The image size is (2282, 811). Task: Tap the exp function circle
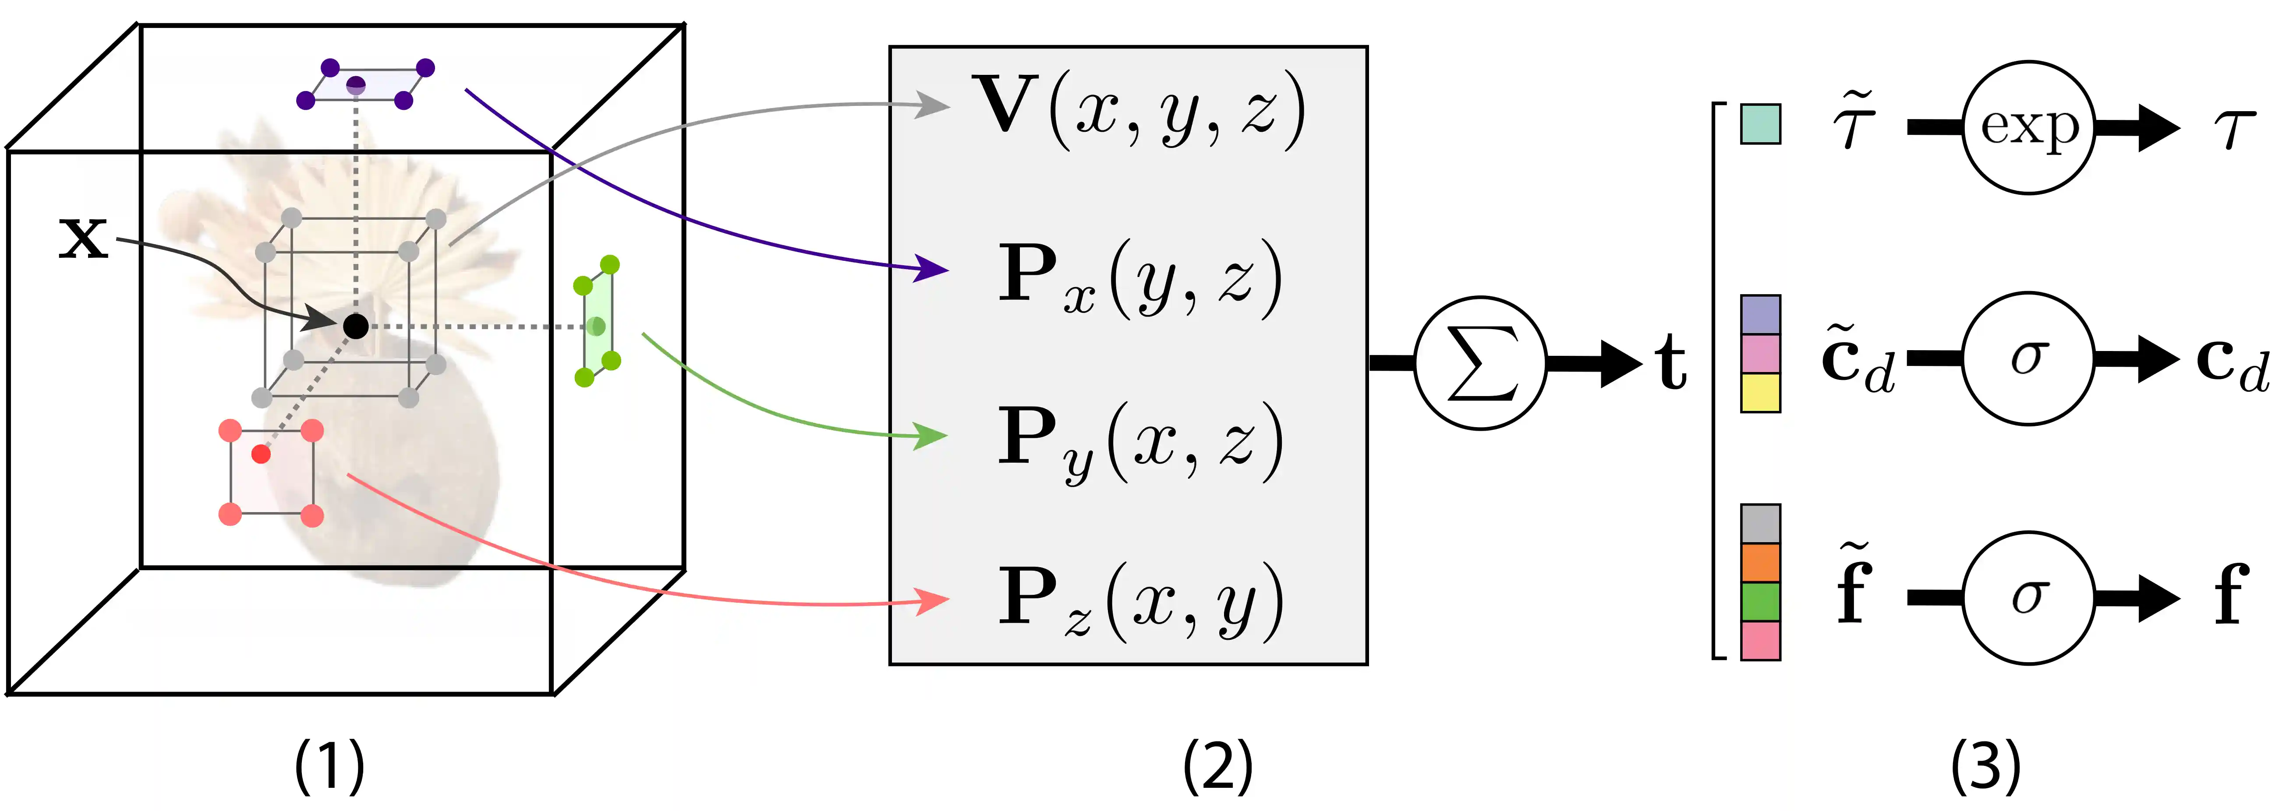[x=2029, y=126]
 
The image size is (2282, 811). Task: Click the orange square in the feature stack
[x=1760, y=563]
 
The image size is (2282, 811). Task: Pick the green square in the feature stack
[x=1760, y=602]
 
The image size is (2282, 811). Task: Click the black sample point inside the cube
[x=355, y=326]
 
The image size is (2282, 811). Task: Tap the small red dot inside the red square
[x=261, y=454]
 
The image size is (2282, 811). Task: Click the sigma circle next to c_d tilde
[x=2029, y=358]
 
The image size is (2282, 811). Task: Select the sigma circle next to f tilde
[x=2029, y=597]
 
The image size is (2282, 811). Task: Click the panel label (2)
[x=1218, y=766]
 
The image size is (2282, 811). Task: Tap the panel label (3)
[x=1985, y=766]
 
